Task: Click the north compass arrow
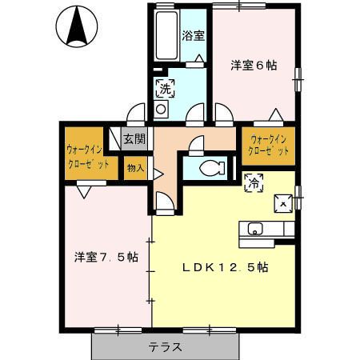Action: tap(78, 26)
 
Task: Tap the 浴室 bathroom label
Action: tap(193, 35)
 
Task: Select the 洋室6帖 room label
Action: tap(254, 66)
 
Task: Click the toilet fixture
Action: tap(210, 168)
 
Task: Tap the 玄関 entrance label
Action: tap(134, 138)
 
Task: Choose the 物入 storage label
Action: tap(134, 168)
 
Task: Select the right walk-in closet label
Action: tap(268, 145)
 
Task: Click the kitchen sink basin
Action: tap(256, 230)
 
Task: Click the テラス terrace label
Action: tap(166, 347)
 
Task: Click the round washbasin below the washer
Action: tap(161, 108)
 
